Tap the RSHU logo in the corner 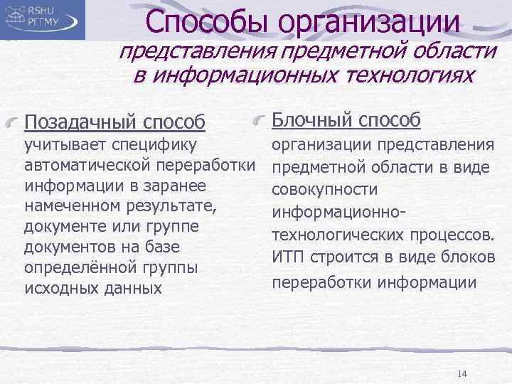[43, 19]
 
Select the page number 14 [462, 374]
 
